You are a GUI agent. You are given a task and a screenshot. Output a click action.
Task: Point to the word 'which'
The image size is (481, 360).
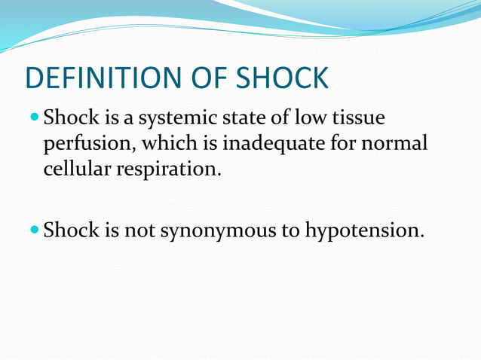171,143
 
